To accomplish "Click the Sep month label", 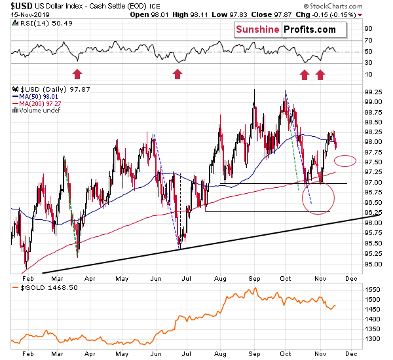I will tap(253, 353).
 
